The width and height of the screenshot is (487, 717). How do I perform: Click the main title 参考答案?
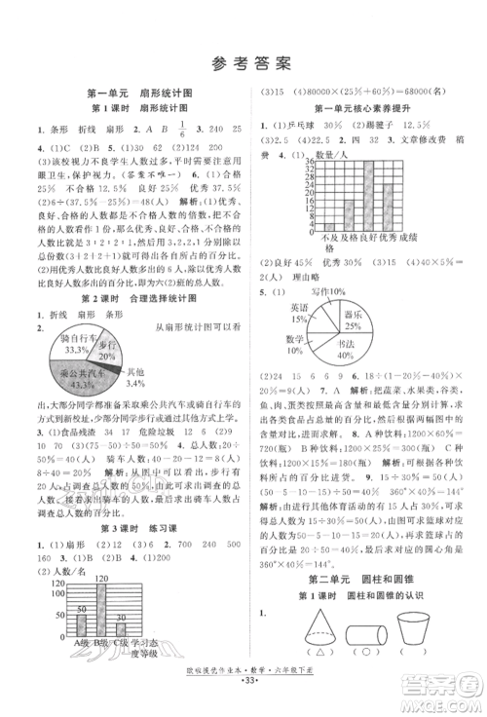243,64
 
